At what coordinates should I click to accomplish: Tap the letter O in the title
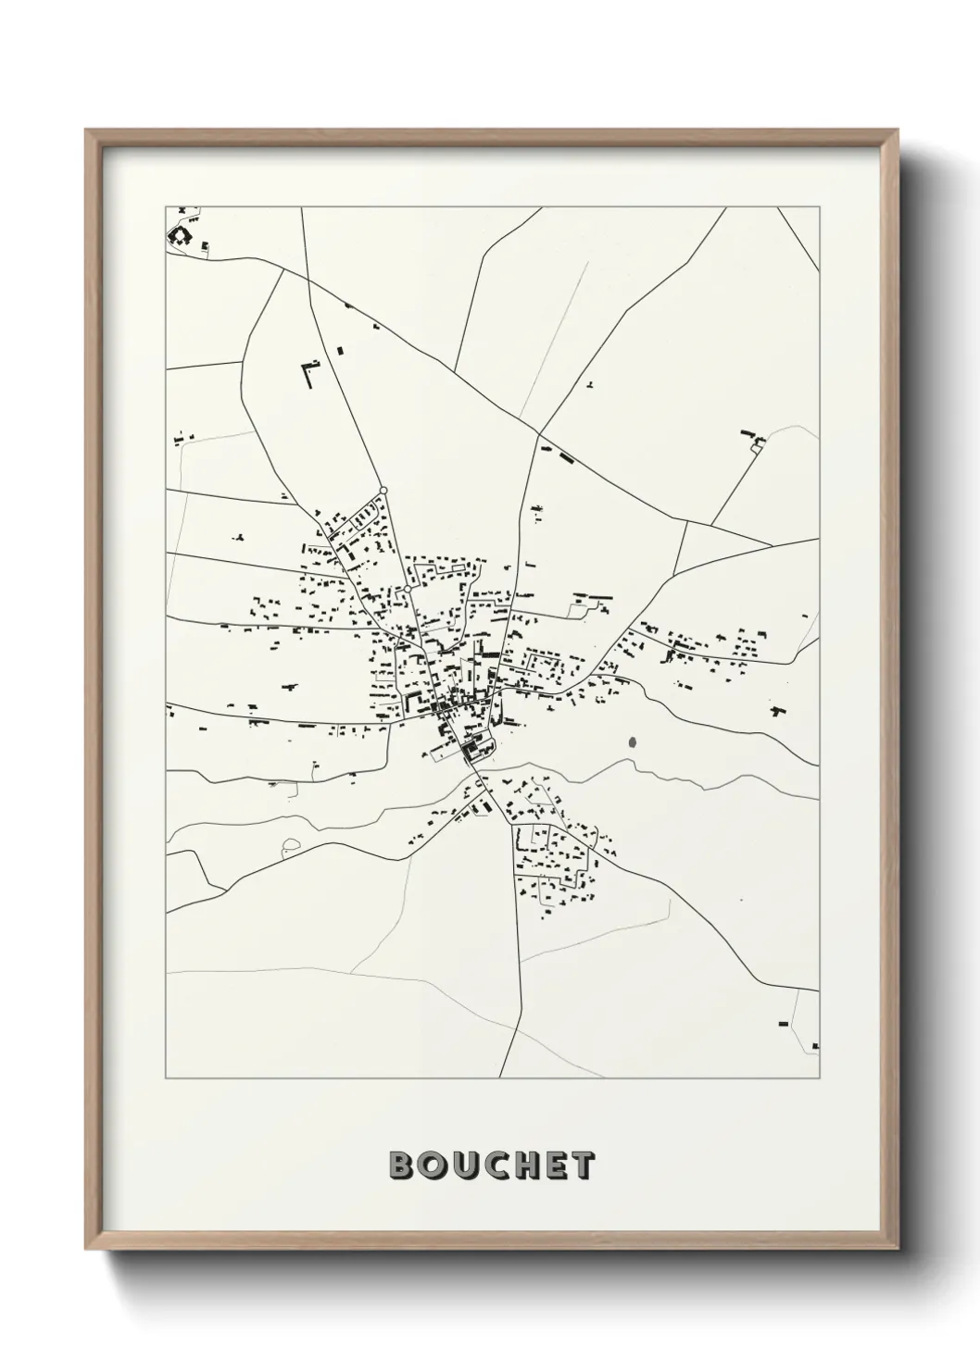point(434,1166)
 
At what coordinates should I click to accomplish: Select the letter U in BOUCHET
point(466,1166)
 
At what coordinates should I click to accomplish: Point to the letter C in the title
point(496,1166)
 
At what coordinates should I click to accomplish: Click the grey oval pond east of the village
point(633,741)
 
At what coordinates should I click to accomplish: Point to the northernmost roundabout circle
point(383,490)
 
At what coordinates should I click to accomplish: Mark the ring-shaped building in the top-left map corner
point(176,235)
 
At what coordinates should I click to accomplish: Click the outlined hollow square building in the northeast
point(757,448)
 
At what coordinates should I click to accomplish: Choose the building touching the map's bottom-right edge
point(815,1046)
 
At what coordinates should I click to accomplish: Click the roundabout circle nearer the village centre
point(407,588)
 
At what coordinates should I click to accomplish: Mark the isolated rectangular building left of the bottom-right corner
point(783,1023)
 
